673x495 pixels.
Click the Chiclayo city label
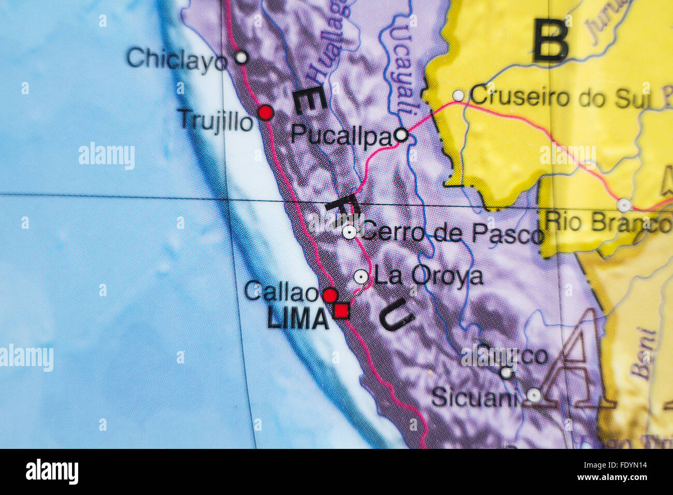tap(177, 59)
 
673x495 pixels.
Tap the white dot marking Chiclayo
tap(241, 57)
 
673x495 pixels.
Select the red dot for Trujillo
tap(266, 112)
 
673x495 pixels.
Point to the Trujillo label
tap(215, 121)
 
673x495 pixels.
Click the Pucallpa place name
tap(341, 136)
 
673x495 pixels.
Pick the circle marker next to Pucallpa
tap(401, 135)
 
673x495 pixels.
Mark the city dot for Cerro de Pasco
tap(349, 232)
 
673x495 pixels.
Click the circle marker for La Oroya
tap(361, 276)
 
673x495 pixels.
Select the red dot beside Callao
tap(330, 295)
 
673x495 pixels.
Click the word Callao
tap(281, 292)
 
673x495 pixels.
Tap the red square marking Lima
tap(341, 311)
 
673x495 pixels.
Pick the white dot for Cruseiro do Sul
tap(458, 96)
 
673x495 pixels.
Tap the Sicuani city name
tap(474, 398)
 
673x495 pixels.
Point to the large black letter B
tap(551, 40)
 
